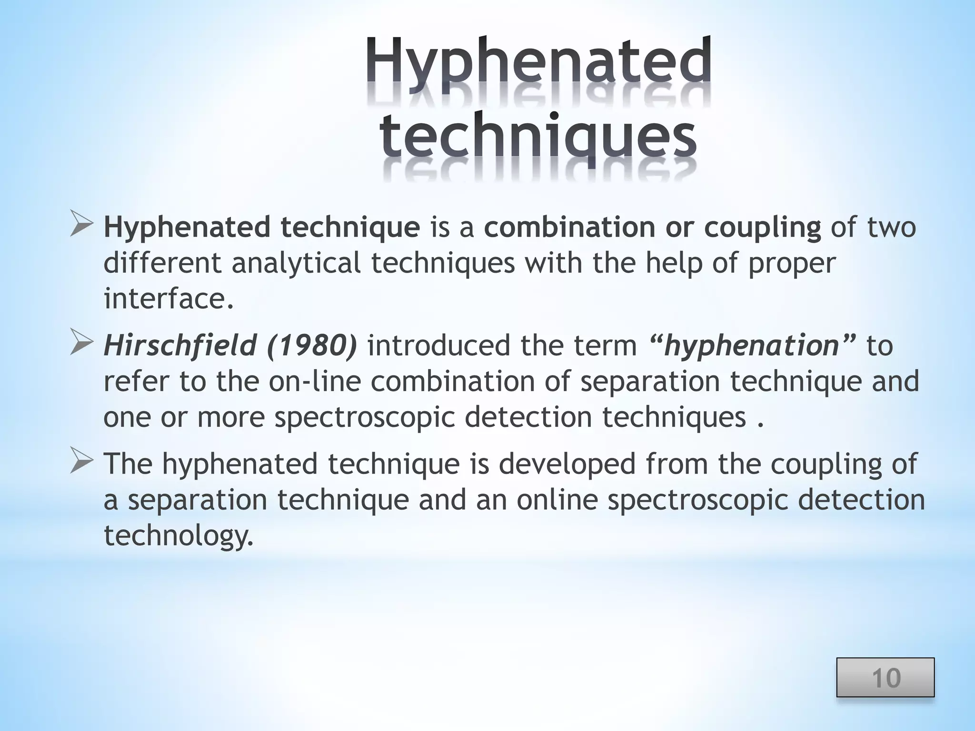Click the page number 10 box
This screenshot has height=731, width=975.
point(885,678)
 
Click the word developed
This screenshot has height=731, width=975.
point(567,464)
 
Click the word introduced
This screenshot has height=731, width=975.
point(439,346)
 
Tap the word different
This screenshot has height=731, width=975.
point(162,263)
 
